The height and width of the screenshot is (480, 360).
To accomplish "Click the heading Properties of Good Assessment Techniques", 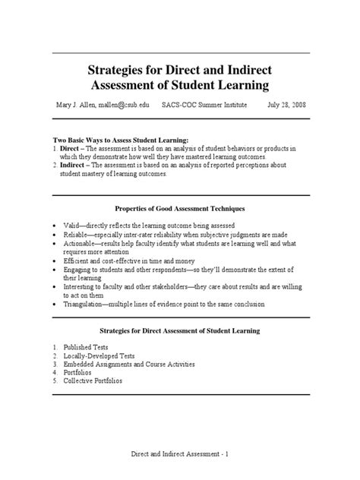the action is [180, 208].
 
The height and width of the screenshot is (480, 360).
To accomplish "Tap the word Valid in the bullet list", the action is [70, 226].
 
